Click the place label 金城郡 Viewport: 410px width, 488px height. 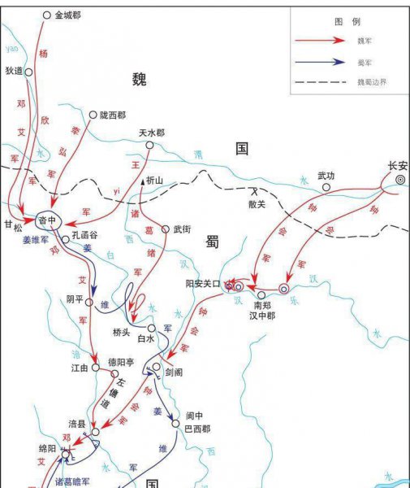69,15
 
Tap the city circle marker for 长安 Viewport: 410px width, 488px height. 400,179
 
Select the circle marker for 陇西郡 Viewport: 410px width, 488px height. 93,115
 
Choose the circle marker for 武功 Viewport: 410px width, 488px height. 326,187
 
